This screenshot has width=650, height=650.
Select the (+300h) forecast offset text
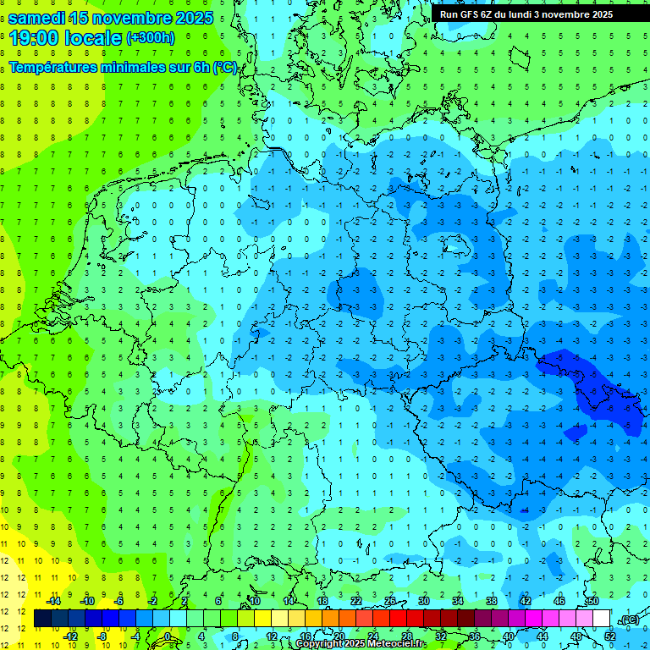pyautogui.click(x=151, y=37)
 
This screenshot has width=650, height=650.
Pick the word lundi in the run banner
pyautogui.click(x=532, y=14)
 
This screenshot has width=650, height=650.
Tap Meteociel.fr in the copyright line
pyautogui.click(x=390, y=644)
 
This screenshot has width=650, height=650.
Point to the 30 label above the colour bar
pyautogui.click(x=424, y=600)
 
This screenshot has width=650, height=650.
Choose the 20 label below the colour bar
pyautogui.click(x=339, y=636)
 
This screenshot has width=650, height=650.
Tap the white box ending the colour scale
pyautogui.click(x=602, y=619)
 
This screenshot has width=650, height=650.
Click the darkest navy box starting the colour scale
pyautogui.click(x=42, y=619)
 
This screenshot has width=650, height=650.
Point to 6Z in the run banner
pyautogui.click(x=495, y=14)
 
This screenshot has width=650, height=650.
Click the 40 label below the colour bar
pyautogui.click(x=509, y=636)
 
